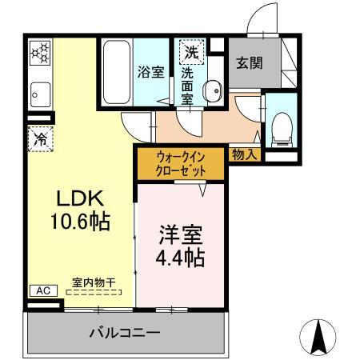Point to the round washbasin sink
point(213,91)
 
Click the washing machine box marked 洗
point(191,52)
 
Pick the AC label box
point(42,291)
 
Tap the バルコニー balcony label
point(124,332)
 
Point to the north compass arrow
point(319,338)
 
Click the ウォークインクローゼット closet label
point(182,165)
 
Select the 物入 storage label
point(243,154)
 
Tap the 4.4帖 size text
point(179,258)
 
